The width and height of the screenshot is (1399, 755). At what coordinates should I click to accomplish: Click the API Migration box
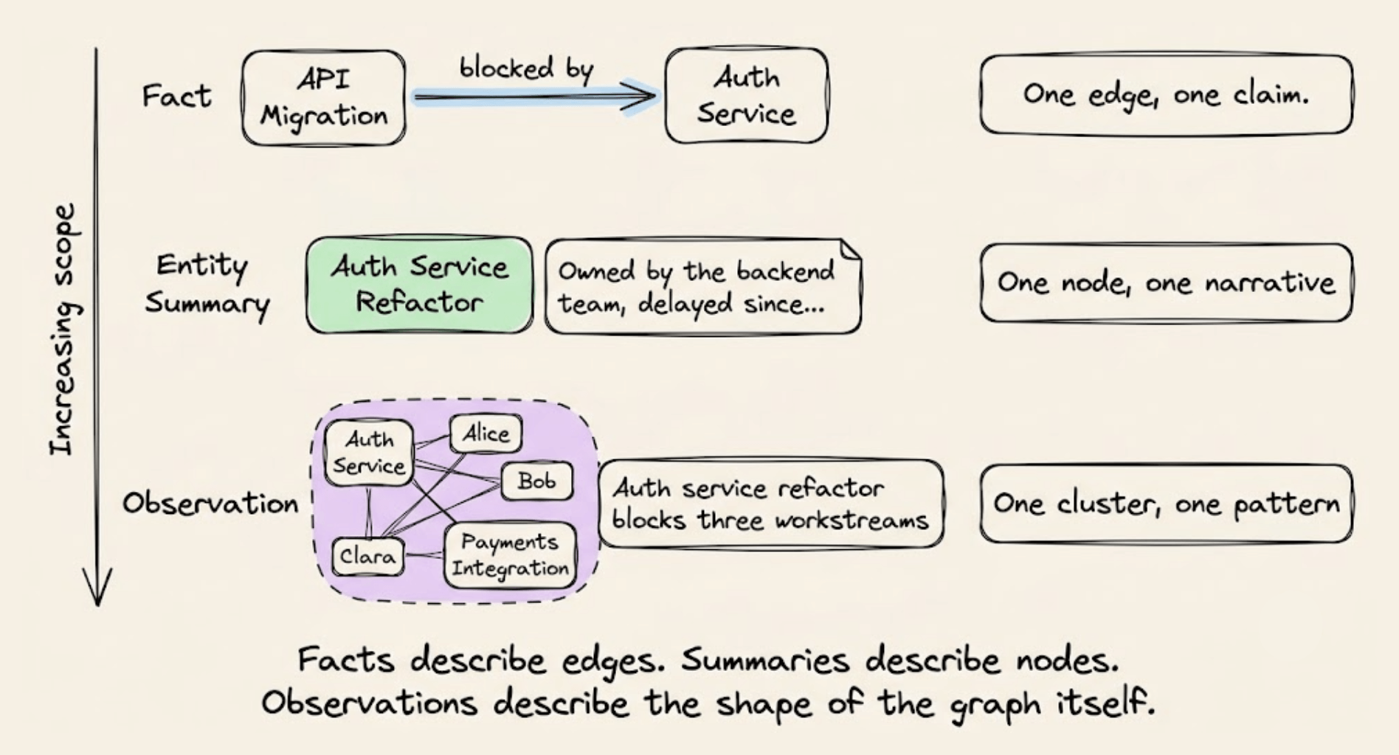(323, 97)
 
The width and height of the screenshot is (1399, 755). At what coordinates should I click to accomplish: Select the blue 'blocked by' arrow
(536, 96)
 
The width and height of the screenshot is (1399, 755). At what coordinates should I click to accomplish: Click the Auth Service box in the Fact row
(746, 95)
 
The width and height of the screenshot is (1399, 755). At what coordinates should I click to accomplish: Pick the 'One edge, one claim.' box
(1166, 94)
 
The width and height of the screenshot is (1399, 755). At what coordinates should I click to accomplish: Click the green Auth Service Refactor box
(419, 285)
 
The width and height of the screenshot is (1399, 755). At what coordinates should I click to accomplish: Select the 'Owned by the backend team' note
(702, 286)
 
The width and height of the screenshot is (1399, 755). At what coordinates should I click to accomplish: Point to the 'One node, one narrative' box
(1166, 283)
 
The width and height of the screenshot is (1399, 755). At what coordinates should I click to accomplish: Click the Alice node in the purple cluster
(486, 434)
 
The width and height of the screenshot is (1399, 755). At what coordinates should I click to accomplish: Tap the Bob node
(536, 481)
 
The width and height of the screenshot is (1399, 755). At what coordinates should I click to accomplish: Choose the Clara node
(367, 555)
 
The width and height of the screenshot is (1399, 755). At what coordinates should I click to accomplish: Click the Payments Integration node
(510, 555)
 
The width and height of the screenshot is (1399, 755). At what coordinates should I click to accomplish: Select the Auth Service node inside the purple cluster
(369, 453)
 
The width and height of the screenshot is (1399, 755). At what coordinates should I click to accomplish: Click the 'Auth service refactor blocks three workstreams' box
(770, 504)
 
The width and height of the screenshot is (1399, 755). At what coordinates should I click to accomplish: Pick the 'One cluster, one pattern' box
(1166, 504)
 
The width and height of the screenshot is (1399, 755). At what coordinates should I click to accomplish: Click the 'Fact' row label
(176, 96)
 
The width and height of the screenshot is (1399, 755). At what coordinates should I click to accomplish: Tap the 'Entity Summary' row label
(207, 285)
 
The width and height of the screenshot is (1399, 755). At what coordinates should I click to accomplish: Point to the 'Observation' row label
(210, 504)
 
